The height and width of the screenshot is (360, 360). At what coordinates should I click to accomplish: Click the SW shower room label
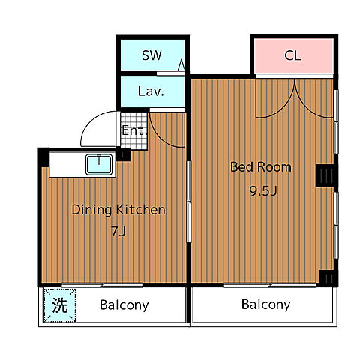151,55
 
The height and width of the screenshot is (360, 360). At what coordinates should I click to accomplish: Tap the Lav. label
151,91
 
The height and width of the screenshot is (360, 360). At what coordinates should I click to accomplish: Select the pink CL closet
294,55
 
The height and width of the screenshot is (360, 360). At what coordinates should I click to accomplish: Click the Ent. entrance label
134,130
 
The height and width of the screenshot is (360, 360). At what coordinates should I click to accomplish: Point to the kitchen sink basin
99,164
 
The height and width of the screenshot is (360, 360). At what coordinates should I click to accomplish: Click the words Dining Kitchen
118,210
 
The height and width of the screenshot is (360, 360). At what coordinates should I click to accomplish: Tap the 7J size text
118,231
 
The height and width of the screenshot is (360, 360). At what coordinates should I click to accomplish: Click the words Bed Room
261,166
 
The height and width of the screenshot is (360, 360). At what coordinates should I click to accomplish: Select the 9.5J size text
263,191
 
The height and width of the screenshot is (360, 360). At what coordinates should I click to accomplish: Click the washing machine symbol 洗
59,305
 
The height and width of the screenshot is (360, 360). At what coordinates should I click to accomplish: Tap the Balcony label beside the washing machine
124,305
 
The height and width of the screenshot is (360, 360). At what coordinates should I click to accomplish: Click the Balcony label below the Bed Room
266,304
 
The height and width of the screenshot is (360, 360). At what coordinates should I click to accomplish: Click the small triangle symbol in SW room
181,64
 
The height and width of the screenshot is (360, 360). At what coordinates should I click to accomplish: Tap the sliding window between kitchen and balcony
102,285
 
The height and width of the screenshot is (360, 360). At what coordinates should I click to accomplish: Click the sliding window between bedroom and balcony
270,285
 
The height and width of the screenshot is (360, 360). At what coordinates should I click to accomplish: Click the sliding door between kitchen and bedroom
189,202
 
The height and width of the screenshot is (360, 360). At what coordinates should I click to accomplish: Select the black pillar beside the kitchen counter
123,154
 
